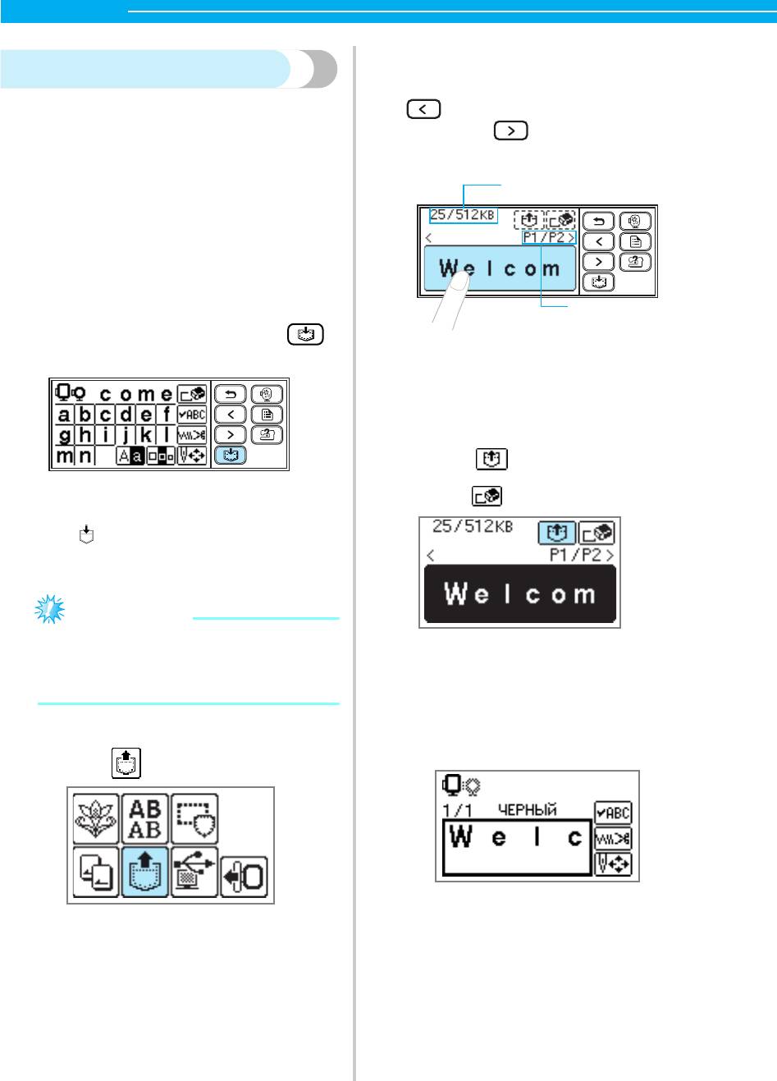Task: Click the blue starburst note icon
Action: [50, 610]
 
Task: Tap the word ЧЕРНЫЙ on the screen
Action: [528, 810]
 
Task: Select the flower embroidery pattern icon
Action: [96, 819]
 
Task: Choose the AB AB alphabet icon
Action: [145, 819]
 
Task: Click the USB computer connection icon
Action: [194, 872]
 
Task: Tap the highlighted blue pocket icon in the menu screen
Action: [145, 872]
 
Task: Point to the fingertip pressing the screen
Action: [460, 279]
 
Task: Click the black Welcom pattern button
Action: [520, 593]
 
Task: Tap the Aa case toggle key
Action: [130, 456]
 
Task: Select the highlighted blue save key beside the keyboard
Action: [231, 455]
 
